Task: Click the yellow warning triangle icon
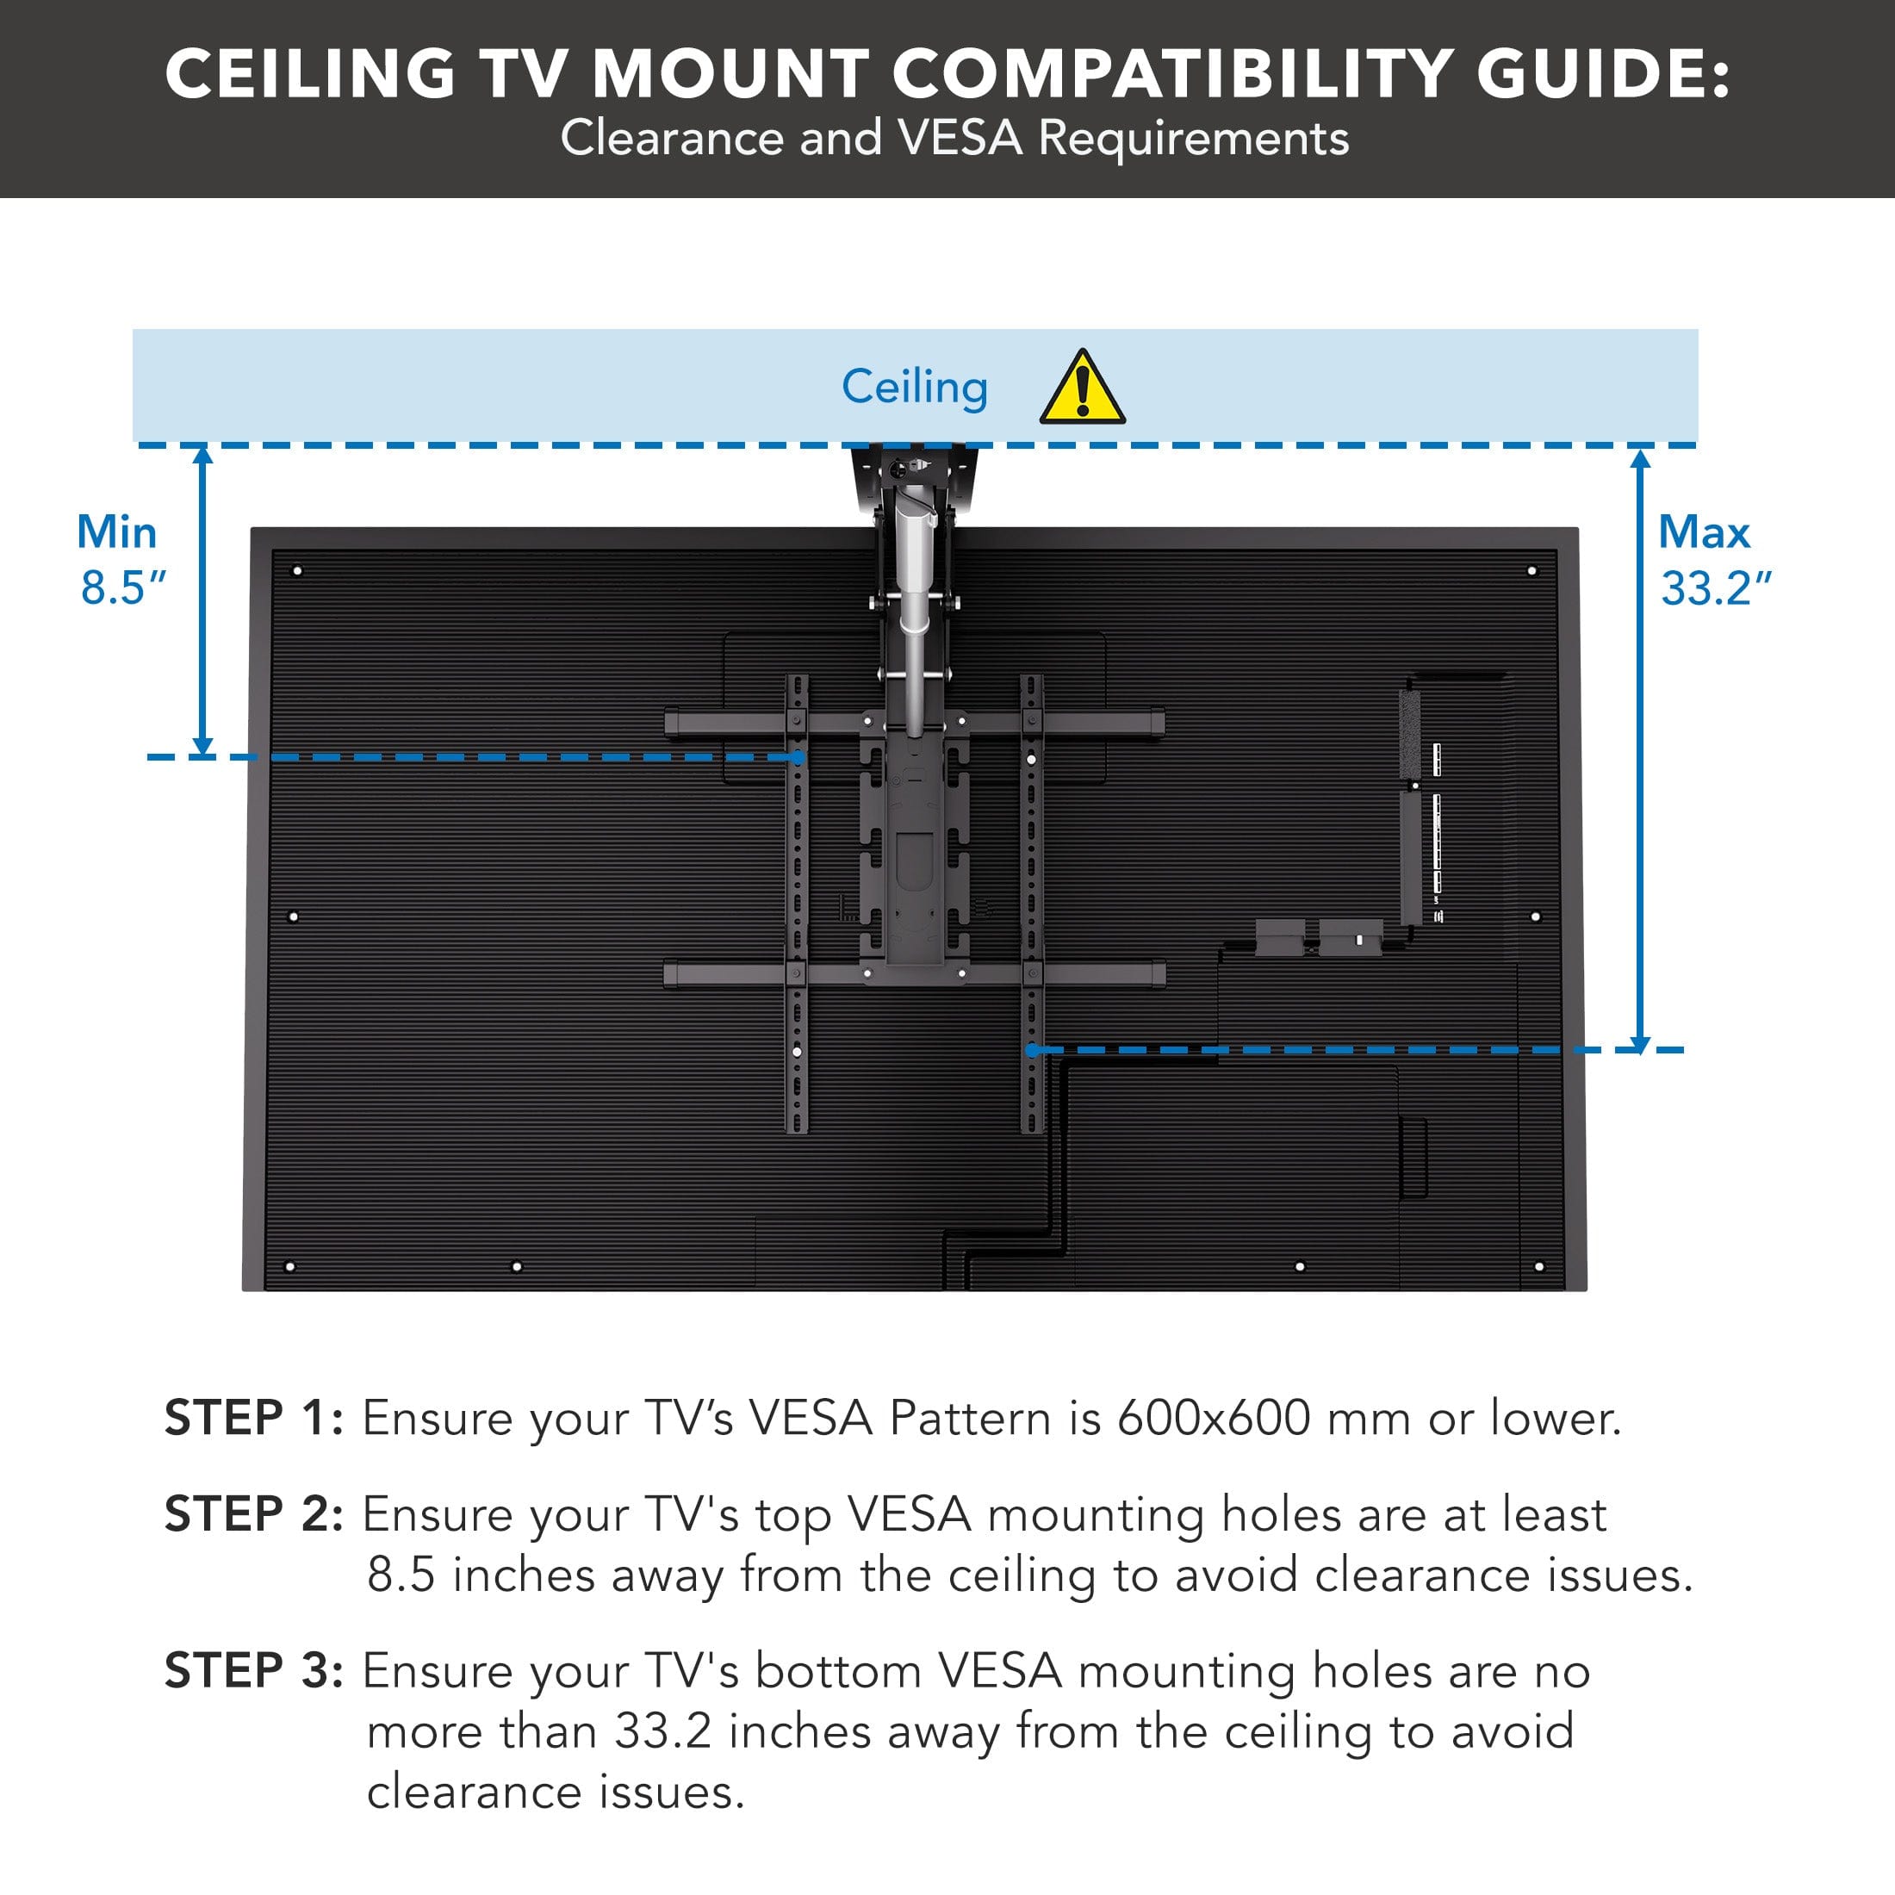(1082, 389)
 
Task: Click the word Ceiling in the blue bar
(914, 387)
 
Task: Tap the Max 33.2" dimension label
(1714, 560)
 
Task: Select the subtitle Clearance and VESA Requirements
(954, 137)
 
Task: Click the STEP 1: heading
(253, 1419)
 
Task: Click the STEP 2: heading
(253, 1513)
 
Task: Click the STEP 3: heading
(253, 1670)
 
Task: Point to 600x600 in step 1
(1214, 1419)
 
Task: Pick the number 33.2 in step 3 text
(662, 1731)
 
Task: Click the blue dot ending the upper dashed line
(798, 757)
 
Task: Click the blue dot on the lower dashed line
(1032, 1049)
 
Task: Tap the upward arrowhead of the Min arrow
(203, 455)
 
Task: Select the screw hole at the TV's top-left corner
(297, 571)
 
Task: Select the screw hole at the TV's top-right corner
(1532, 571)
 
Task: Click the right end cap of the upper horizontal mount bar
(1158, 724)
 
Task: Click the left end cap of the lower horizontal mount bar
(672, 974)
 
